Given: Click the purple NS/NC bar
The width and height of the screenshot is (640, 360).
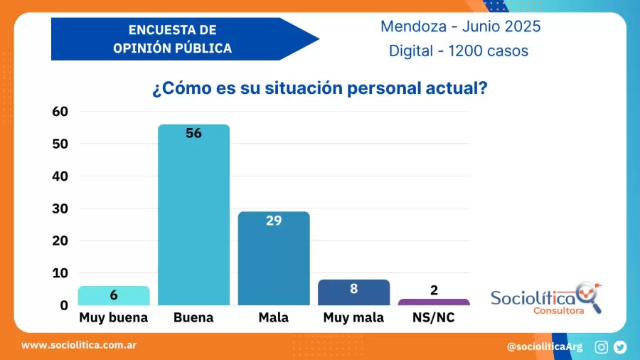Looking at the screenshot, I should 434,302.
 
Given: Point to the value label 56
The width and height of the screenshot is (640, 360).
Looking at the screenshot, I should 193,133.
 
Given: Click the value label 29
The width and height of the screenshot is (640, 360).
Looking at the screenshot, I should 274,221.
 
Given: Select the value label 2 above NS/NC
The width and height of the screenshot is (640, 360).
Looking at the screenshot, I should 434,290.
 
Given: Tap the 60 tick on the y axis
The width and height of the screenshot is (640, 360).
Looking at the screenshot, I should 60,111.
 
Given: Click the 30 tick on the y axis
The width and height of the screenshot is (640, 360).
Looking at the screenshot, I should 60,208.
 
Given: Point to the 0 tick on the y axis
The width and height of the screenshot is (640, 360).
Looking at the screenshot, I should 64,305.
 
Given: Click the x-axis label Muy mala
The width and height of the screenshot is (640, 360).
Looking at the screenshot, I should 353,318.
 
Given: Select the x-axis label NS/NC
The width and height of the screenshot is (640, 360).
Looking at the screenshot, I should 434,318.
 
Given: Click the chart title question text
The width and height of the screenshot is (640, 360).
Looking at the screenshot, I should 319,89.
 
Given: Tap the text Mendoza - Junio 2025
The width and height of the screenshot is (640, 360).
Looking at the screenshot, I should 460,26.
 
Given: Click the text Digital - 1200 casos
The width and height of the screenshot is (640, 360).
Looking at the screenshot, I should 459,51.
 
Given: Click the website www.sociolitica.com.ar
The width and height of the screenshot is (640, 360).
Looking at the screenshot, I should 79,345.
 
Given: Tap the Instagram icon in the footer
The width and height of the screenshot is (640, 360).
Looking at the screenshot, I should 602,347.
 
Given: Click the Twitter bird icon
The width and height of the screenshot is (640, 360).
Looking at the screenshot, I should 620,347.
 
